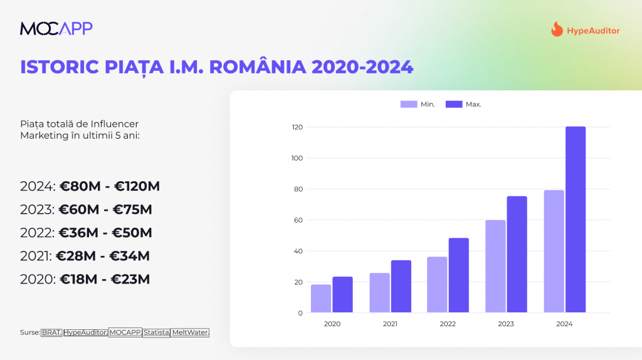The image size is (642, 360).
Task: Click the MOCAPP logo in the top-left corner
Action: (56, 28)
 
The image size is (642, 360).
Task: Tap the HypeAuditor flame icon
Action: (557, 29)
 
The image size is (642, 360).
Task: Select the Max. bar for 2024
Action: (576, 220)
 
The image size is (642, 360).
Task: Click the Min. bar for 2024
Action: (554, 251)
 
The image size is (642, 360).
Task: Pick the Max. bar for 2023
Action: (517, 254)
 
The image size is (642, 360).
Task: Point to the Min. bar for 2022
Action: (437, 284)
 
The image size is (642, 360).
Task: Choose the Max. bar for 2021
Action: (401, 286)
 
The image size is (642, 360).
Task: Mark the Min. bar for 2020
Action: (321, 298)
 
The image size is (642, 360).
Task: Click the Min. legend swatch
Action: (409, 104)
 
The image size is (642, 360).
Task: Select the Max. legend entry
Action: (463, 104)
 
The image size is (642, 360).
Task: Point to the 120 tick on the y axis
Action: (297, 127)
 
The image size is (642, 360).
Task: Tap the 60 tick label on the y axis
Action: (298, 220)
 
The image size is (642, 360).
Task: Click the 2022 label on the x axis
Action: (448, 324)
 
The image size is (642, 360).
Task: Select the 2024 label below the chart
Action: (564, 324)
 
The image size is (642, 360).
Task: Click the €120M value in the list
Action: (136, 186)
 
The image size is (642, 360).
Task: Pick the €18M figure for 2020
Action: (79, 279)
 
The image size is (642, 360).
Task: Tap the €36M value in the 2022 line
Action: (79, 233)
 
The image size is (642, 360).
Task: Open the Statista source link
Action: (156, 332)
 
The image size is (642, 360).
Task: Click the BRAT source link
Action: (51, 332)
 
